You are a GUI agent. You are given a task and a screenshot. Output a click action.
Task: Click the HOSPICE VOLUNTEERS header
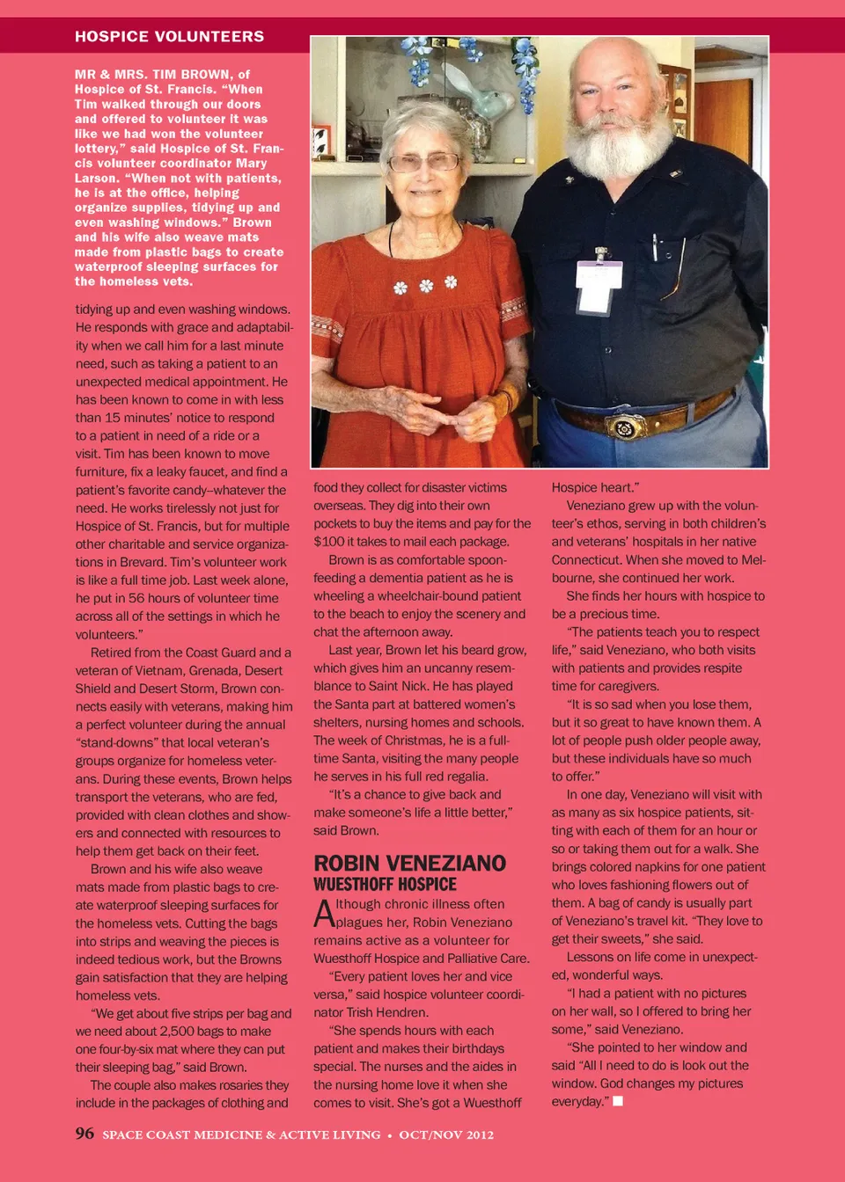pyautogui.click(x=169, y=36)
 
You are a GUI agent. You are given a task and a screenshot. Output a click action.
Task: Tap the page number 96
pyautogui.click(x=84, y=1134)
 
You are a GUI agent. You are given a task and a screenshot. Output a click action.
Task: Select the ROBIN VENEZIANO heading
pyautogui.click(x=409, y=863)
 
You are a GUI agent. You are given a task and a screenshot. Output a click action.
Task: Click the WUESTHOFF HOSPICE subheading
pyautogui.click(x=385, y=885)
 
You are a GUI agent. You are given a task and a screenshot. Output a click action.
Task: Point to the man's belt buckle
pyautogui.click(x=623, y=427)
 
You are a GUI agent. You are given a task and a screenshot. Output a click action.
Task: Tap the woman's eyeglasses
pyautogui.click(x=424, y=162)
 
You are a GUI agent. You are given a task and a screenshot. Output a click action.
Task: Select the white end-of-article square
pyautogui.click(x=618, y=1101)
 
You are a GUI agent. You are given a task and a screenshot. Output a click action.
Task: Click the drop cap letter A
pyautogui.click(x=324, y=913)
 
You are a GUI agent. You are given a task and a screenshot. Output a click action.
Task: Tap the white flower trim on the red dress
pyautogui.click(x=426, y=285)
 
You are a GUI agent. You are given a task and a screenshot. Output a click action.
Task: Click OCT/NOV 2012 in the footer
pyautogui.click(x=446, y=1135)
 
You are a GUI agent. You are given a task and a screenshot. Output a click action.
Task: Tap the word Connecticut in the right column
pyautogui.click(x=587, y=560)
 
